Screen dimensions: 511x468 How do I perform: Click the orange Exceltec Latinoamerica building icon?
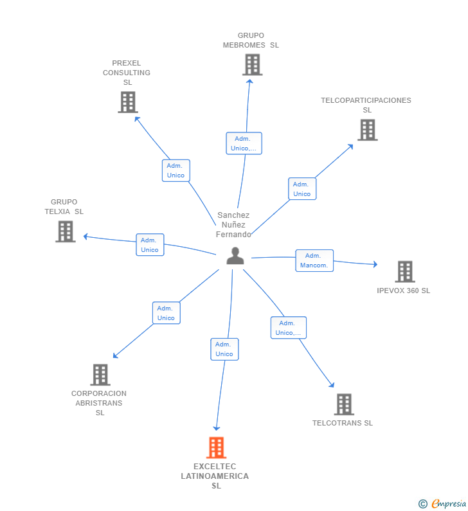[x=216, y=447]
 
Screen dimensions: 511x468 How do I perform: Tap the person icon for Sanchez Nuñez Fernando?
[x=235, y=256]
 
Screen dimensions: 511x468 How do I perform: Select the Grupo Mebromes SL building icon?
[x=252, y=64]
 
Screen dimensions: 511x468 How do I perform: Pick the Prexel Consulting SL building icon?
[x=128, y=102]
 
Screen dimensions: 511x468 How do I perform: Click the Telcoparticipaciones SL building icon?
[x=367, y=130]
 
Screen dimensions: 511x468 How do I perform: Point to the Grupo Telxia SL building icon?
[x=66, y=231]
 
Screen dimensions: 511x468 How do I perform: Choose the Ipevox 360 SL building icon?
[x=404, y=272]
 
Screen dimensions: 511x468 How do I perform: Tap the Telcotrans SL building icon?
[x=344, y=404]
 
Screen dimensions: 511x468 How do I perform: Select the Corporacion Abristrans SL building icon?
[x=100, y=375]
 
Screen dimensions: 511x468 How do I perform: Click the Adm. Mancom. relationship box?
[x=314, y=260]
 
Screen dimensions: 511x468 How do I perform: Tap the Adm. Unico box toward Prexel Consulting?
[x=175, y=170]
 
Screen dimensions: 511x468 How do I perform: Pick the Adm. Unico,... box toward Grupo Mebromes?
[x=244, y=143]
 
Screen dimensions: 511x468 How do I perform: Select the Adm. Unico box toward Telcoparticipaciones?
[x=301, y=189]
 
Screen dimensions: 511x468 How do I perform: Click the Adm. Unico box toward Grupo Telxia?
[x=150, y=245]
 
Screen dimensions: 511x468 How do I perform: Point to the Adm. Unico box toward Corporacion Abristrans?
[x=166, y=313]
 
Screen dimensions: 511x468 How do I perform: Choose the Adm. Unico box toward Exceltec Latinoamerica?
[x=224, y=349]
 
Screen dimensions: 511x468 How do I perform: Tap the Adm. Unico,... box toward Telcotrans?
[x=288, y=328]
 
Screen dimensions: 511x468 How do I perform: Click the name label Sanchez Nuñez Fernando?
[x=233, y=225]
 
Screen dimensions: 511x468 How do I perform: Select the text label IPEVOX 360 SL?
[x=403, y=291]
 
